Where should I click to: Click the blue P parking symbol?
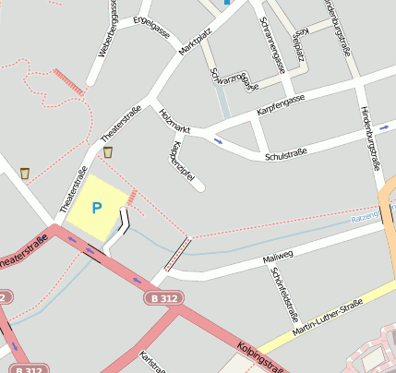click(97, 209)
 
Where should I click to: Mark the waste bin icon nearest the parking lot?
click(108, 152)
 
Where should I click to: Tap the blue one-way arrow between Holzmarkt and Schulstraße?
click(219, 141)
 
